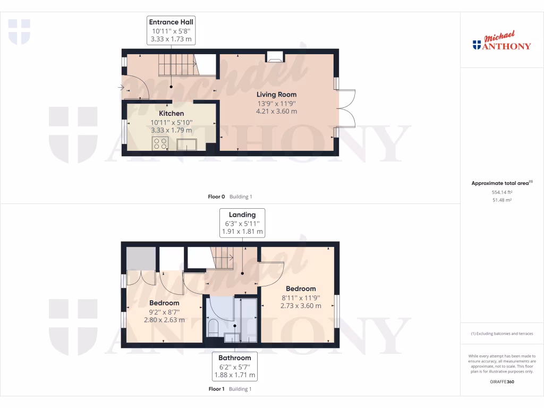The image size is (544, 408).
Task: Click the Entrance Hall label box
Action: [x=171, y=30]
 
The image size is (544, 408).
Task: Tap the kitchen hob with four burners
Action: [x=160, y=143]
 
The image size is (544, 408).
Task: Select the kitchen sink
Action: [x=187, y=144]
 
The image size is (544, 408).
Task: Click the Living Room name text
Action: [x=276, y=95]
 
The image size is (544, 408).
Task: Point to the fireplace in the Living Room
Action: [x=275, y=57]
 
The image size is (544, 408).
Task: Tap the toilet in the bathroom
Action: [x=214, y=327]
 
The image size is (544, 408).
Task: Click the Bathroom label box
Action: [x=235, y=367]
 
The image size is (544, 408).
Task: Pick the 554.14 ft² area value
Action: [x=501, y=192]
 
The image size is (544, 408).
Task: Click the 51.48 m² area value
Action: [x=501, y=200]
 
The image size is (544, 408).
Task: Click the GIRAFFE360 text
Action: [x=501, y=381]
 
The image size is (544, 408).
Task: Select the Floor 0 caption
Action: [x=230, y=197]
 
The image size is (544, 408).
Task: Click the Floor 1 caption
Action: [x=230, y=389]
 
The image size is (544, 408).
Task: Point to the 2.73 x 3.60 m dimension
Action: [x=301, y=306]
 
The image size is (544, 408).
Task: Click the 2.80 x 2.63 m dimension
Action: [x=164, y=320]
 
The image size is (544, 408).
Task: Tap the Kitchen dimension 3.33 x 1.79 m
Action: [x=172, y=130]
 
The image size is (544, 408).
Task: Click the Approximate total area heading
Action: [x=501, y=183]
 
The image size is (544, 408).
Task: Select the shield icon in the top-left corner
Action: [x=19, y=31]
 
